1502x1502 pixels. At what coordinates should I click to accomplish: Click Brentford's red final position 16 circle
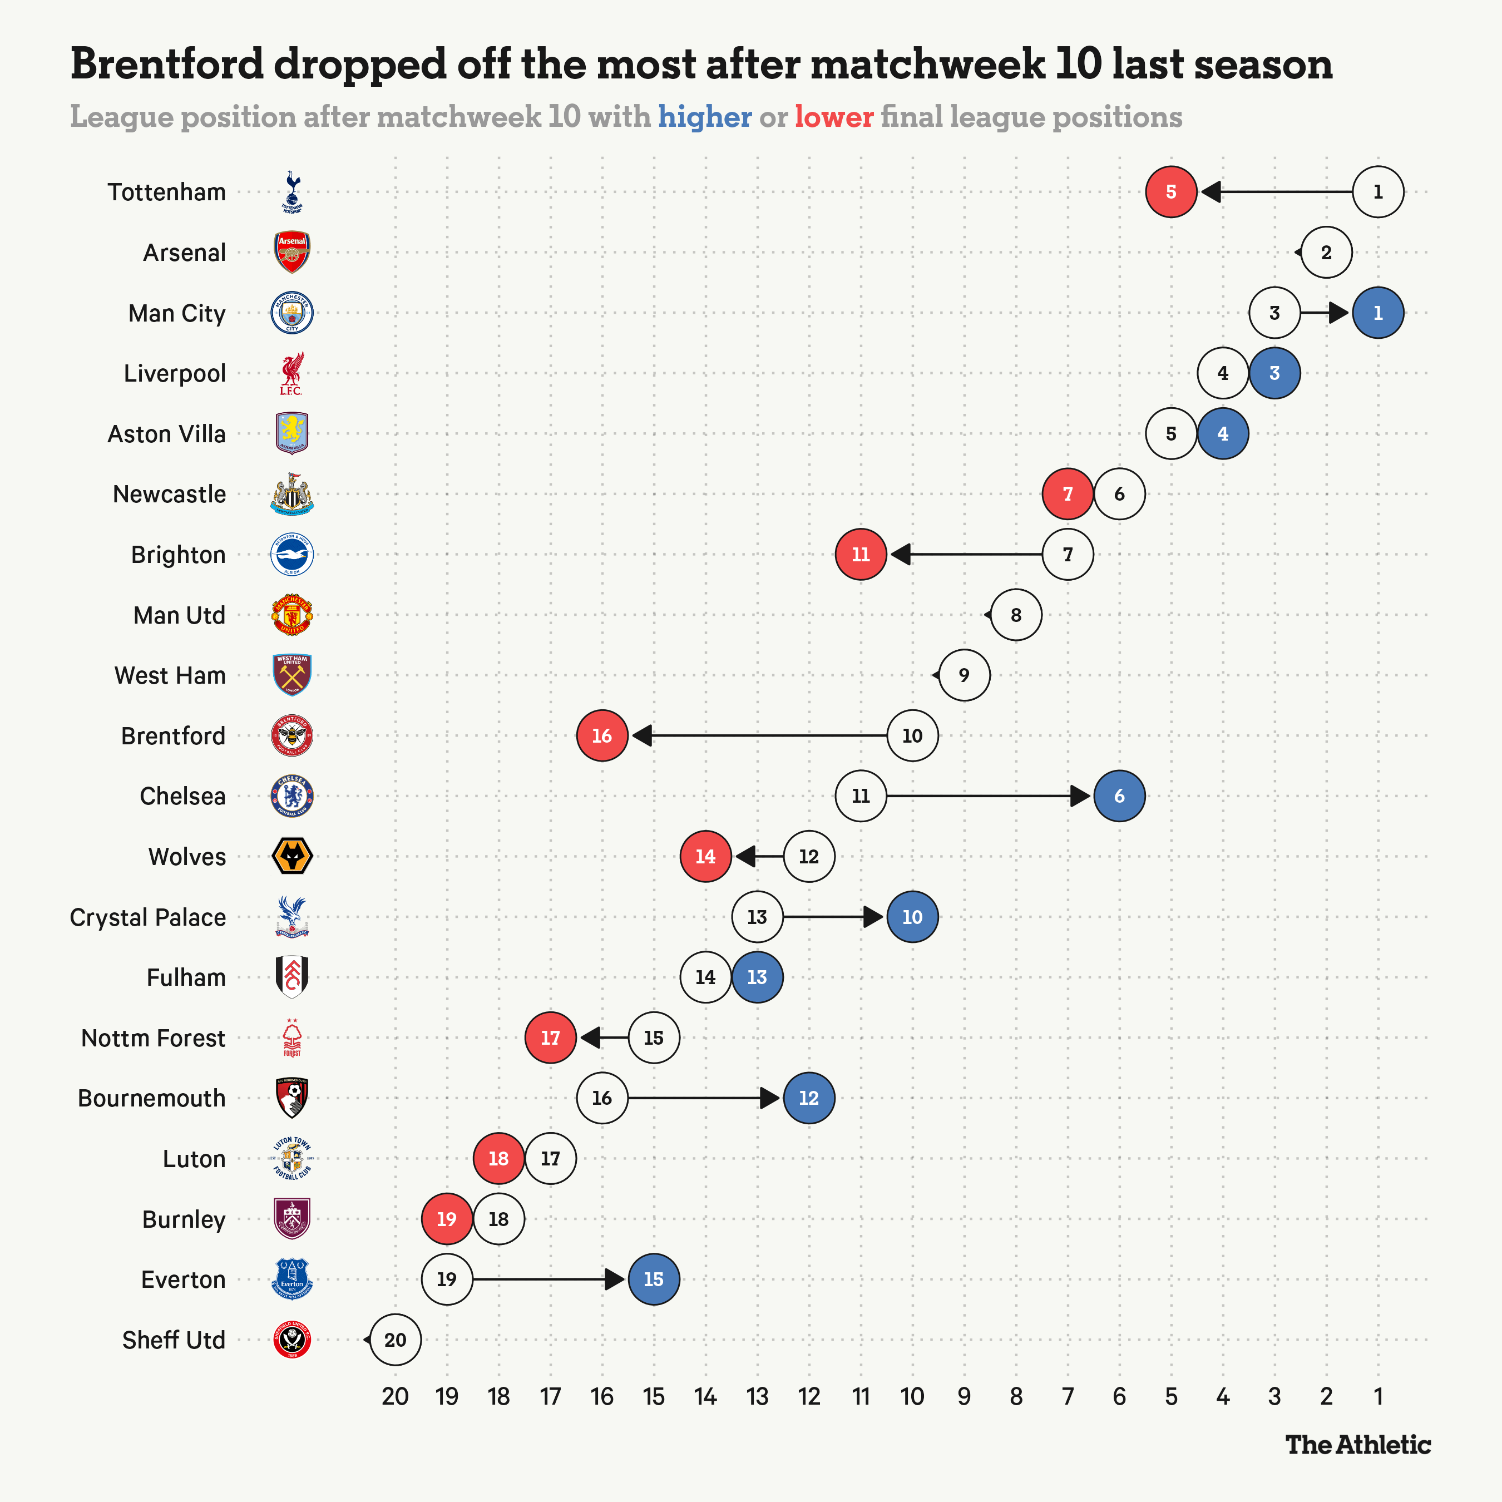click(602, 735)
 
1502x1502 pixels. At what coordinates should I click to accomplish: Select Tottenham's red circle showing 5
click(1171, 192)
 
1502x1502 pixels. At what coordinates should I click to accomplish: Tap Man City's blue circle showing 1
click(1377, 313)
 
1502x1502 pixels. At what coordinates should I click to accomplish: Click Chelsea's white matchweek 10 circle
click(861, 796)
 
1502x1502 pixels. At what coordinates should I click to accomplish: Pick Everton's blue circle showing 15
click(653, 1279)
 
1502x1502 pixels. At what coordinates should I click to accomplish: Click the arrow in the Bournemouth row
click(704, 1098)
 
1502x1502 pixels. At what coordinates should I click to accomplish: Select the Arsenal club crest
click(292, 252)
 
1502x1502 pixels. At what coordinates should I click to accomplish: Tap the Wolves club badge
click(292, 856)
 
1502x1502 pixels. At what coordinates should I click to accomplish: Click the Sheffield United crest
click(292, 1340)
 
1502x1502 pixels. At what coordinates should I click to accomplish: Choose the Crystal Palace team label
click(148, 917)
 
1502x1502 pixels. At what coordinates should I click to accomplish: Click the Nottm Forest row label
click(153, 1038)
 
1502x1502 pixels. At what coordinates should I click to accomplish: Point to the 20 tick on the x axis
click(395, 1397)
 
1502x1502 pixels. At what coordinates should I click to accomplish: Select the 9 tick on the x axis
click(964, 1397)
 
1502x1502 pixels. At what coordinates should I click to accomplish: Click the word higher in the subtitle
click(704, 117)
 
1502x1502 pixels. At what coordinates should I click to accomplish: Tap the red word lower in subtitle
click(833, 117)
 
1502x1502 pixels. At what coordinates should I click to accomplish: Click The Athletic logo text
click(1357, 1445)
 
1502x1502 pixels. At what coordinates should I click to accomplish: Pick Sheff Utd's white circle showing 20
click(395, 1340)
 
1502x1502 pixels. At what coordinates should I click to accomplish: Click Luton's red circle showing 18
click(498, 1158)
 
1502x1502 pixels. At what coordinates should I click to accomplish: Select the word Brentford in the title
click(167, 64)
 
